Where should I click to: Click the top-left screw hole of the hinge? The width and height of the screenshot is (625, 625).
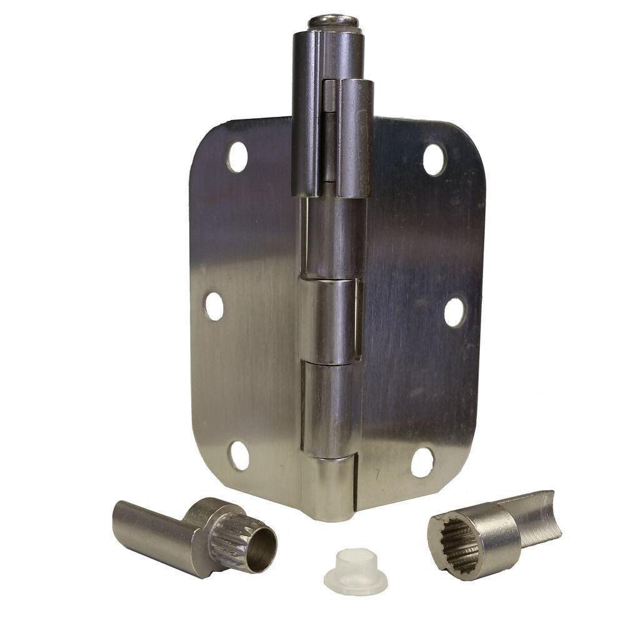tap(237, 156)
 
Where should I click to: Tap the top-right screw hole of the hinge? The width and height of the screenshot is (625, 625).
tap(434, 159)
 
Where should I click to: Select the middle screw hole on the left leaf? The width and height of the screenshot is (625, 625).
tap(214, 306)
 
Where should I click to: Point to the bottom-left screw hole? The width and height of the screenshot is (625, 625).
tap(238, 456)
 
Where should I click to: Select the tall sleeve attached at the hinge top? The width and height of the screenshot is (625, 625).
tap(312, 106)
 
